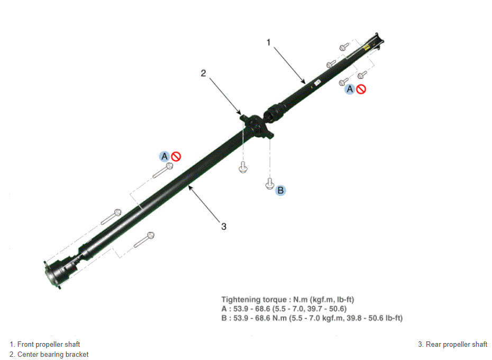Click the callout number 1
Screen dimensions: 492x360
point(268,42)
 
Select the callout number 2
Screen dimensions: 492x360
point(203,73)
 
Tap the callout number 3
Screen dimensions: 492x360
point(224,227)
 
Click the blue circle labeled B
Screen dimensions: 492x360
point(280,191)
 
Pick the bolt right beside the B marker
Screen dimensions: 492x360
point(269,184)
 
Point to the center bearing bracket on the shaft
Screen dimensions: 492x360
point(257,127)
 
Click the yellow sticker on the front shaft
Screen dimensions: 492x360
point(366,48)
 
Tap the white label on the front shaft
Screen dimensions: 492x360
point(317,83)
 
